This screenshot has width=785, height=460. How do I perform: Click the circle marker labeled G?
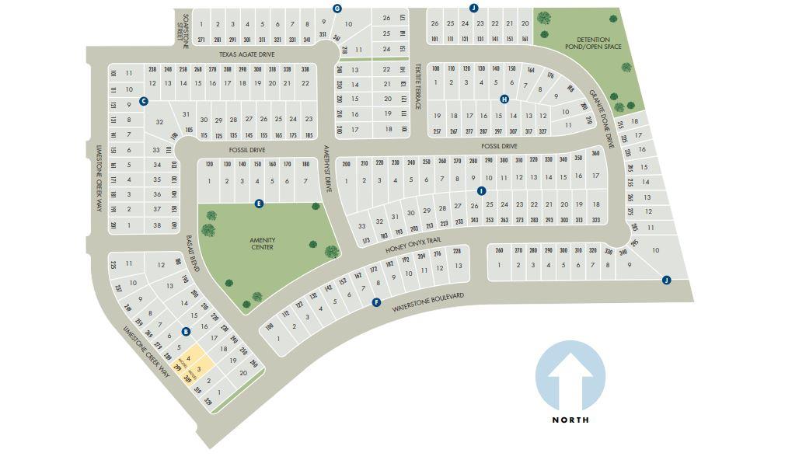pyautogui.click(x=337, y=9)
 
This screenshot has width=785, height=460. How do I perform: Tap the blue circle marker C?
pyautogui.click(x=144, y=101)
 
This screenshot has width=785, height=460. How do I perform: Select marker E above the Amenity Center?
pyautogui.click(x=259, y=204)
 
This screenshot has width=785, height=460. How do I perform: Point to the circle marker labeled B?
pyautogui.click(x=186, y=331)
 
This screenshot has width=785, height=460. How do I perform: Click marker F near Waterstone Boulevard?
pyautogui.click(x=376, y=302)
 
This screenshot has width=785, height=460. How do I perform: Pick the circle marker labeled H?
pyautogui.click(x=504, y=99)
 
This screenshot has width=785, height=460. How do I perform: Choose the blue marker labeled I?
pyautogui.click(x=481, y=190)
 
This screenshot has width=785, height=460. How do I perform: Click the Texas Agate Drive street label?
pyautogui.click(x=246, y=54)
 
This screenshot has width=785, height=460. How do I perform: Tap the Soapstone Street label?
pyautogui.click(x=183, y=30)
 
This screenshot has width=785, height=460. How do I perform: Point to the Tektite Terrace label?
pyautogui.click(x=417, y=86)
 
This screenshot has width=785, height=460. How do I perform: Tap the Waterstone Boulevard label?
pyautogui.click(x=427, y=302)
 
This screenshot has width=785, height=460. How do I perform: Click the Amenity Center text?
pyautogui.click(x=263, y=243)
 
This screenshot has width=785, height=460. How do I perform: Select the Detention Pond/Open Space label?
pyautogui.click(x=593, y=43)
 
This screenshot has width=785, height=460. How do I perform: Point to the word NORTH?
pyautogui.click(x=570, y=420)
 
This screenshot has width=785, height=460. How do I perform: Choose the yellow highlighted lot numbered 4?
pyautogui.click(x=188, y=358)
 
